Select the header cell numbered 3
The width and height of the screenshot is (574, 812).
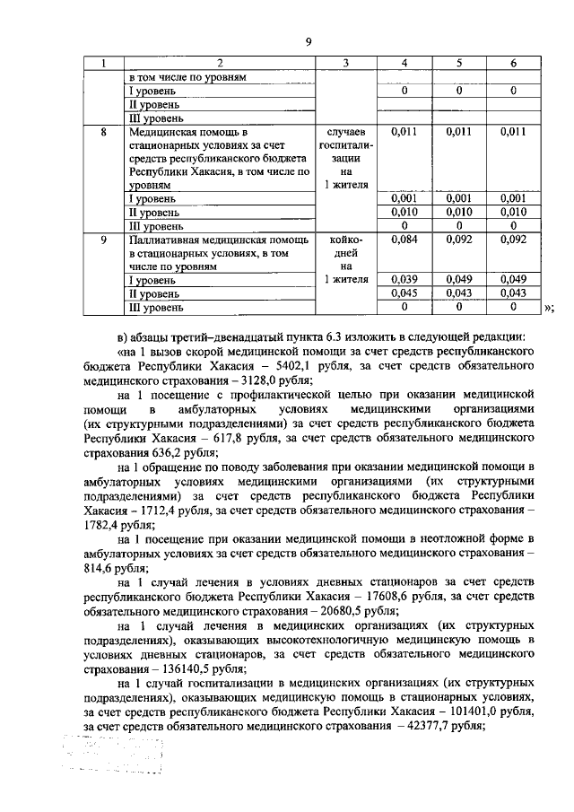pos(344,64)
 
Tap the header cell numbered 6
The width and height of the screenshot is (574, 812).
pos(512,64)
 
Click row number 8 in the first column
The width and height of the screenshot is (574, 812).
pos(103,132)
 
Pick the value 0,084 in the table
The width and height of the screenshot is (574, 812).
pos(405,240)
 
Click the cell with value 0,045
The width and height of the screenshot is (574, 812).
pos(405,293)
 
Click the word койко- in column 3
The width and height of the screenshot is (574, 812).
pos(344,240)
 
